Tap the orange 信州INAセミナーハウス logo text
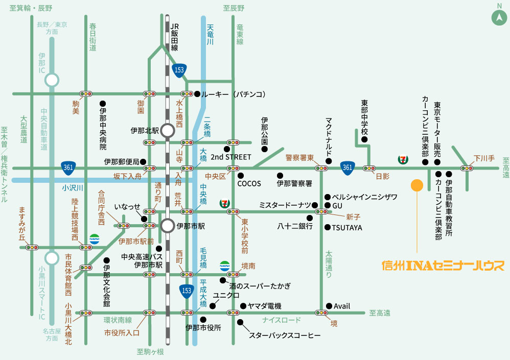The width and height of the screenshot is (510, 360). point(443,266)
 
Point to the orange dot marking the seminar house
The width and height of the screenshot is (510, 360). point(417,185)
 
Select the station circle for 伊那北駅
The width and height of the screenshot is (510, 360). point(168,130)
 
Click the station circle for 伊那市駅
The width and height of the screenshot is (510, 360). point(168,225)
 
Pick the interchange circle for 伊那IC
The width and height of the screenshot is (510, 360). point(52,80)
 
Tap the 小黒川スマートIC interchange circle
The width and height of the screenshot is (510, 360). point(52,258)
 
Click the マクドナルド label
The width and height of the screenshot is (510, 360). point(329,138)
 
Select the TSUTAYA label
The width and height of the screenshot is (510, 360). point(347,228)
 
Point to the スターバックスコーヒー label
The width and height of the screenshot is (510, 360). point(285,335)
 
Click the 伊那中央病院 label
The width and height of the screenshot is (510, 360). point(103,129)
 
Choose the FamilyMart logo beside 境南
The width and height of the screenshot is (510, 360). point(225,265)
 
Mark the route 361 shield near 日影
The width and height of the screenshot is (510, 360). point(347,167)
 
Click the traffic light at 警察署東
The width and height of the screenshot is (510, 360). point(322,168)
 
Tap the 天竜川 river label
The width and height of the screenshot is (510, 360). point(210,36)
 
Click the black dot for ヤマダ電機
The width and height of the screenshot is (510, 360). point(242,306)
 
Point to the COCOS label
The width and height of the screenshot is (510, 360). point(249,183)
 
